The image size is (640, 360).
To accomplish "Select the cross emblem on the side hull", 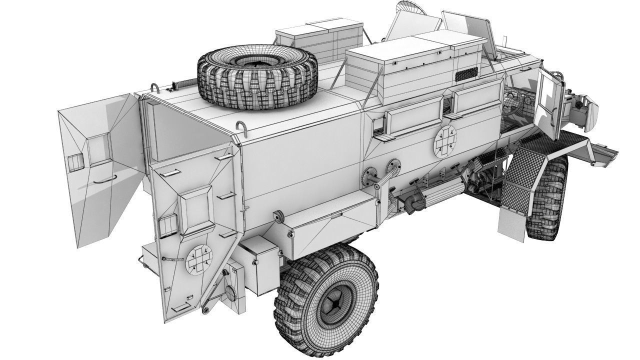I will click(445, 139).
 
